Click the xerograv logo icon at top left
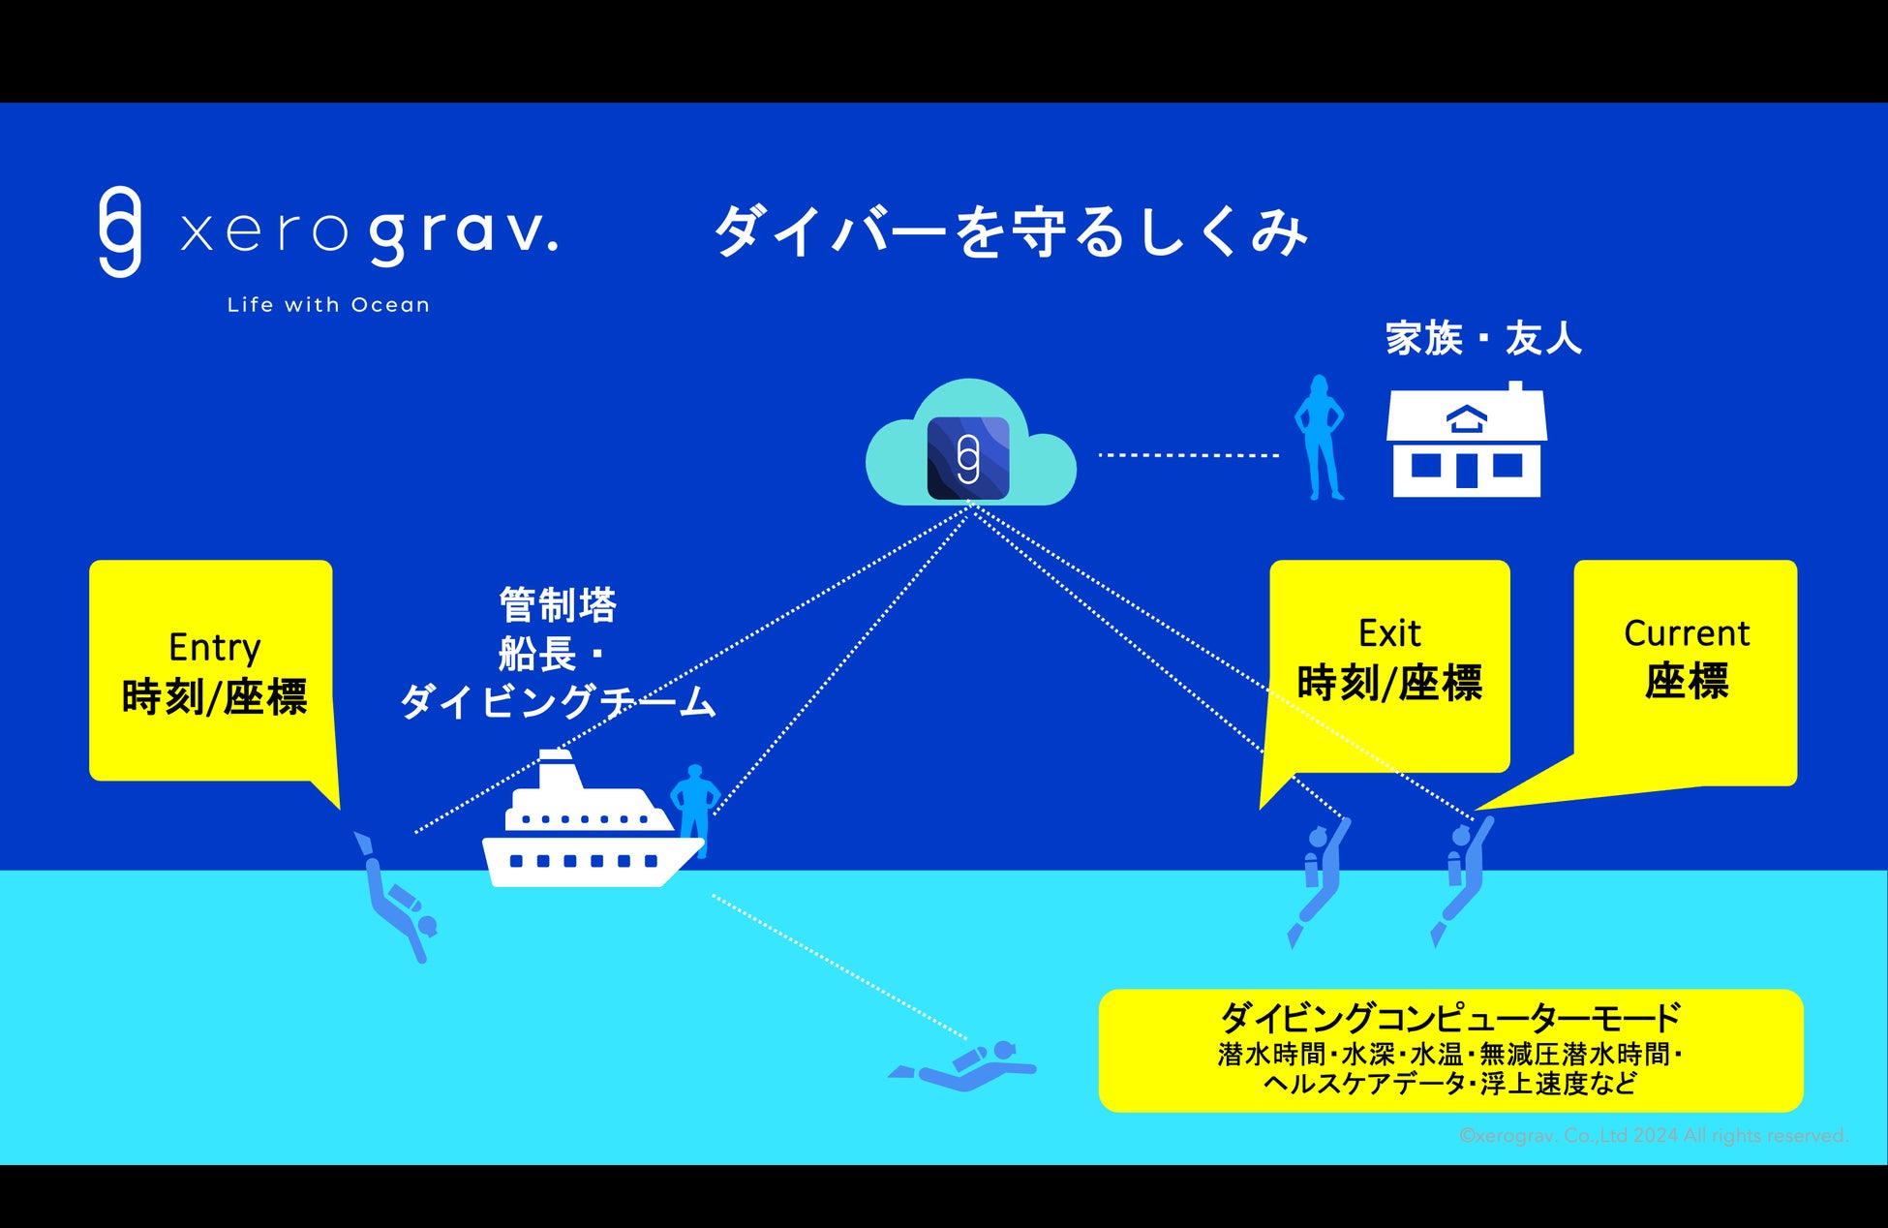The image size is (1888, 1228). click(x=120, y=232)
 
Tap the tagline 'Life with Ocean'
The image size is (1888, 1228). click(x=328, y=305)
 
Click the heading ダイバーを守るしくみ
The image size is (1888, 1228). click(x=1010, y=232)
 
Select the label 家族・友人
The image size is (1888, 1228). click(x=1483, y=339)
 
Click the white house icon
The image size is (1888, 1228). click(x=1466, y=442)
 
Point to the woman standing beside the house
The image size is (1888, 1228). click(x=1320, y=438)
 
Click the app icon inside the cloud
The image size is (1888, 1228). click(x=968, y=458)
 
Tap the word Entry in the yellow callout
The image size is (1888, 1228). click(x=214, y=648)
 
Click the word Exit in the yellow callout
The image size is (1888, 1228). click(x=1389, y=634)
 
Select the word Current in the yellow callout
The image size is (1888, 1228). click(x=1686, y=634)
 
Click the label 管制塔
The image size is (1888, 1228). click(x=558, y=605)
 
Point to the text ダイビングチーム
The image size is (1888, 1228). click(x=559, y=701)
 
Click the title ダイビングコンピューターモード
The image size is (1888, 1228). click(x=1449, y=1018)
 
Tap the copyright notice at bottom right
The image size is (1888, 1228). click(x=1653, y=1136)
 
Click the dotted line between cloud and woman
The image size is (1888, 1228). click(x=1188, y=455)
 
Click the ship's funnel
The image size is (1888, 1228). click(x=558, y=770)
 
